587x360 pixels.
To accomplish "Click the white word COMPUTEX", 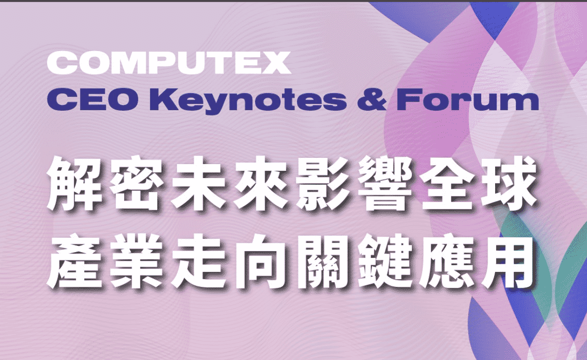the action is click(x=169, y=63).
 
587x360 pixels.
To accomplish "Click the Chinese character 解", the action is click(x=74, y=183).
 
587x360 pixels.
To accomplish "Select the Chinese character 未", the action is click(x=198, y=183).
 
